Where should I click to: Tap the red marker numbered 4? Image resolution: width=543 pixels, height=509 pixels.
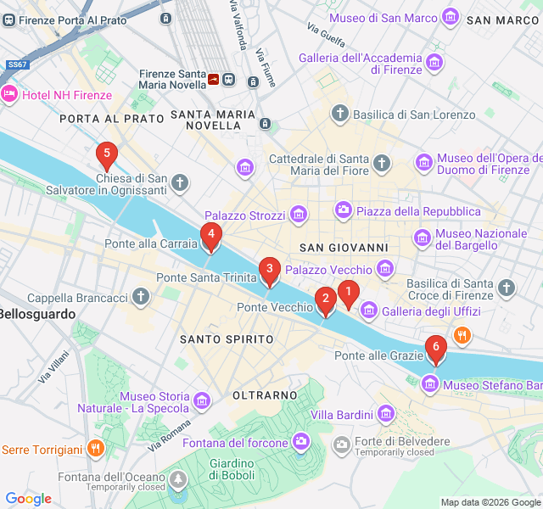[x=210, y=235]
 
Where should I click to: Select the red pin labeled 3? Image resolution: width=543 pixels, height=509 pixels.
[x=269, y=271]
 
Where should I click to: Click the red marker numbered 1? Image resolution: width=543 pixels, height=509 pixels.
[x=347, y=293]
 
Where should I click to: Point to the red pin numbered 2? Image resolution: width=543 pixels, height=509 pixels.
[x=325, y=300]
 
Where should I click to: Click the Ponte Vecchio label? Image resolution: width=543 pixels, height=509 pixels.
[x=275, y=307]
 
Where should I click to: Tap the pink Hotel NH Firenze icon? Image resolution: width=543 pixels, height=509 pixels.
[x=9, y=93]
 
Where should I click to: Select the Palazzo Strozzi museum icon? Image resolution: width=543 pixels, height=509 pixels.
[x=298, y=215]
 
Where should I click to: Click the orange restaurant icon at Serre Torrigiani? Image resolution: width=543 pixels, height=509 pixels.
[x=97, y=449]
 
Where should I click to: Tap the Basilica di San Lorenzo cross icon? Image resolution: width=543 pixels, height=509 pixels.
[x=340, y=114]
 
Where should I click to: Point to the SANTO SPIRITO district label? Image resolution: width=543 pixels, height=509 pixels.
[x=227, y=339]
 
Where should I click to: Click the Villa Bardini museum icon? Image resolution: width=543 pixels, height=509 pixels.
[x=386, y=414]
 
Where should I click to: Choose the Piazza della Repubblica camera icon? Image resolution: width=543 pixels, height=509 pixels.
[x=344, y=210]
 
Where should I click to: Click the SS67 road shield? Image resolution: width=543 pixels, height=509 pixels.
[x=16, y=64]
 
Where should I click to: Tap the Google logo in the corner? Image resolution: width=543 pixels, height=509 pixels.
[x=29, y=499]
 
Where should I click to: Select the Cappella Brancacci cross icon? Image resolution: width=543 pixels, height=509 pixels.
[x=141, y=298]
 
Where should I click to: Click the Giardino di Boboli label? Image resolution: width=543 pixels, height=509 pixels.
[x=232, y=468]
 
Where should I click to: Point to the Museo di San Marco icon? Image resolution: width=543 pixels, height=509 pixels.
[x=451, y=18]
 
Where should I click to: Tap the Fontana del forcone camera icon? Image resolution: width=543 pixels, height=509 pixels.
[x=301, y=441]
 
